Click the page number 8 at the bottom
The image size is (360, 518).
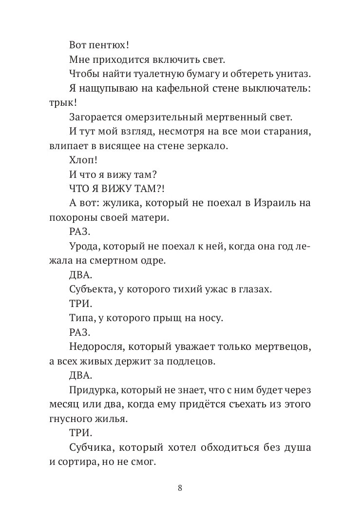coord(180,488)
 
